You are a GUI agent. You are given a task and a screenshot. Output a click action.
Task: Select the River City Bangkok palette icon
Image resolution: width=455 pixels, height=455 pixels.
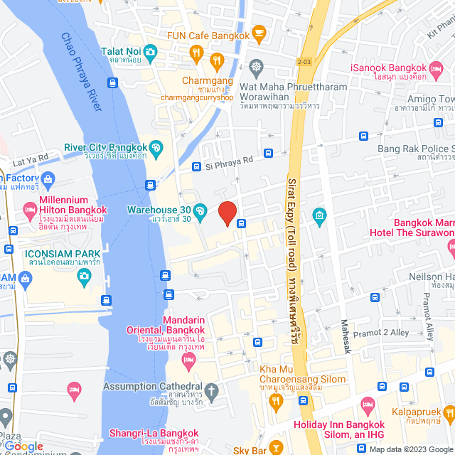(157, 147)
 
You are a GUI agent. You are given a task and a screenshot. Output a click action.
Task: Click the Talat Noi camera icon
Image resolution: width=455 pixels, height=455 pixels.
(150, 51)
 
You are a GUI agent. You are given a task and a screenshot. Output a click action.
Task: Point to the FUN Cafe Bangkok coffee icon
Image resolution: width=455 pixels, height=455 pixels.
(259, 33)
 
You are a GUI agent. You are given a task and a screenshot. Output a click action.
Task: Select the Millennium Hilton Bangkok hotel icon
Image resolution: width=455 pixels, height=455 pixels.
(30, 210)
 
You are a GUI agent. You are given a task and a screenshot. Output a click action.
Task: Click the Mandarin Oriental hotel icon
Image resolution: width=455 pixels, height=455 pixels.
(188, 360)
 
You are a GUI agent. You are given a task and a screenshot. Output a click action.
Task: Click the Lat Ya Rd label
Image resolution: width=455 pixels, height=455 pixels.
(29, 159)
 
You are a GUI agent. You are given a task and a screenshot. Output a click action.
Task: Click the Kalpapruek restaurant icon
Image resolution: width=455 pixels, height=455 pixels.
(449, 412)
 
